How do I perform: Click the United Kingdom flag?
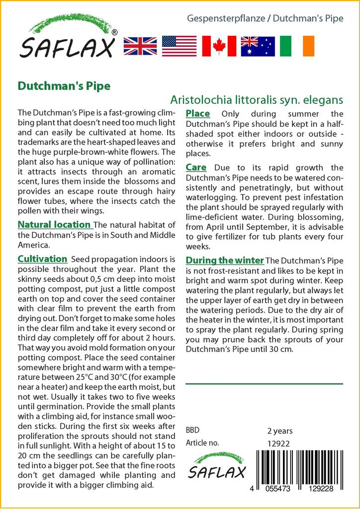click(x=140, y=46)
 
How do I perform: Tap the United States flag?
click(x=179, y=46)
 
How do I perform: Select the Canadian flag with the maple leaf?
click(x=218, y=46)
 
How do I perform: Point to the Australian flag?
click(x=258, y=46)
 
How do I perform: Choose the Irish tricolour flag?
click(x=297, y=46)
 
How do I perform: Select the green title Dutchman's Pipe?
click(x=64, y=85)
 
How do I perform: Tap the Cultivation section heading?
click(x=42, y=259)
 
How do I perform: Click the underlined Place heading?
click(x=197, y=114)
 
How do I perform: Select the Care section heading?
click(x=196, y=168)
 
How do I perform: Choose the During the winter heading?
click(x=224, y=260)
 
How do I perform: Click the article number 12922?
click(x=278, y=443)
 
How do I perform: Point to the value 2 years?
click(x=280, y=430)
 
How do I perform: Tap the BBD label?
click(x=193, y=430)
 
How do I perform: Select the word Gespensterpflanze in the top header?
click(x=227, y=19)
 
